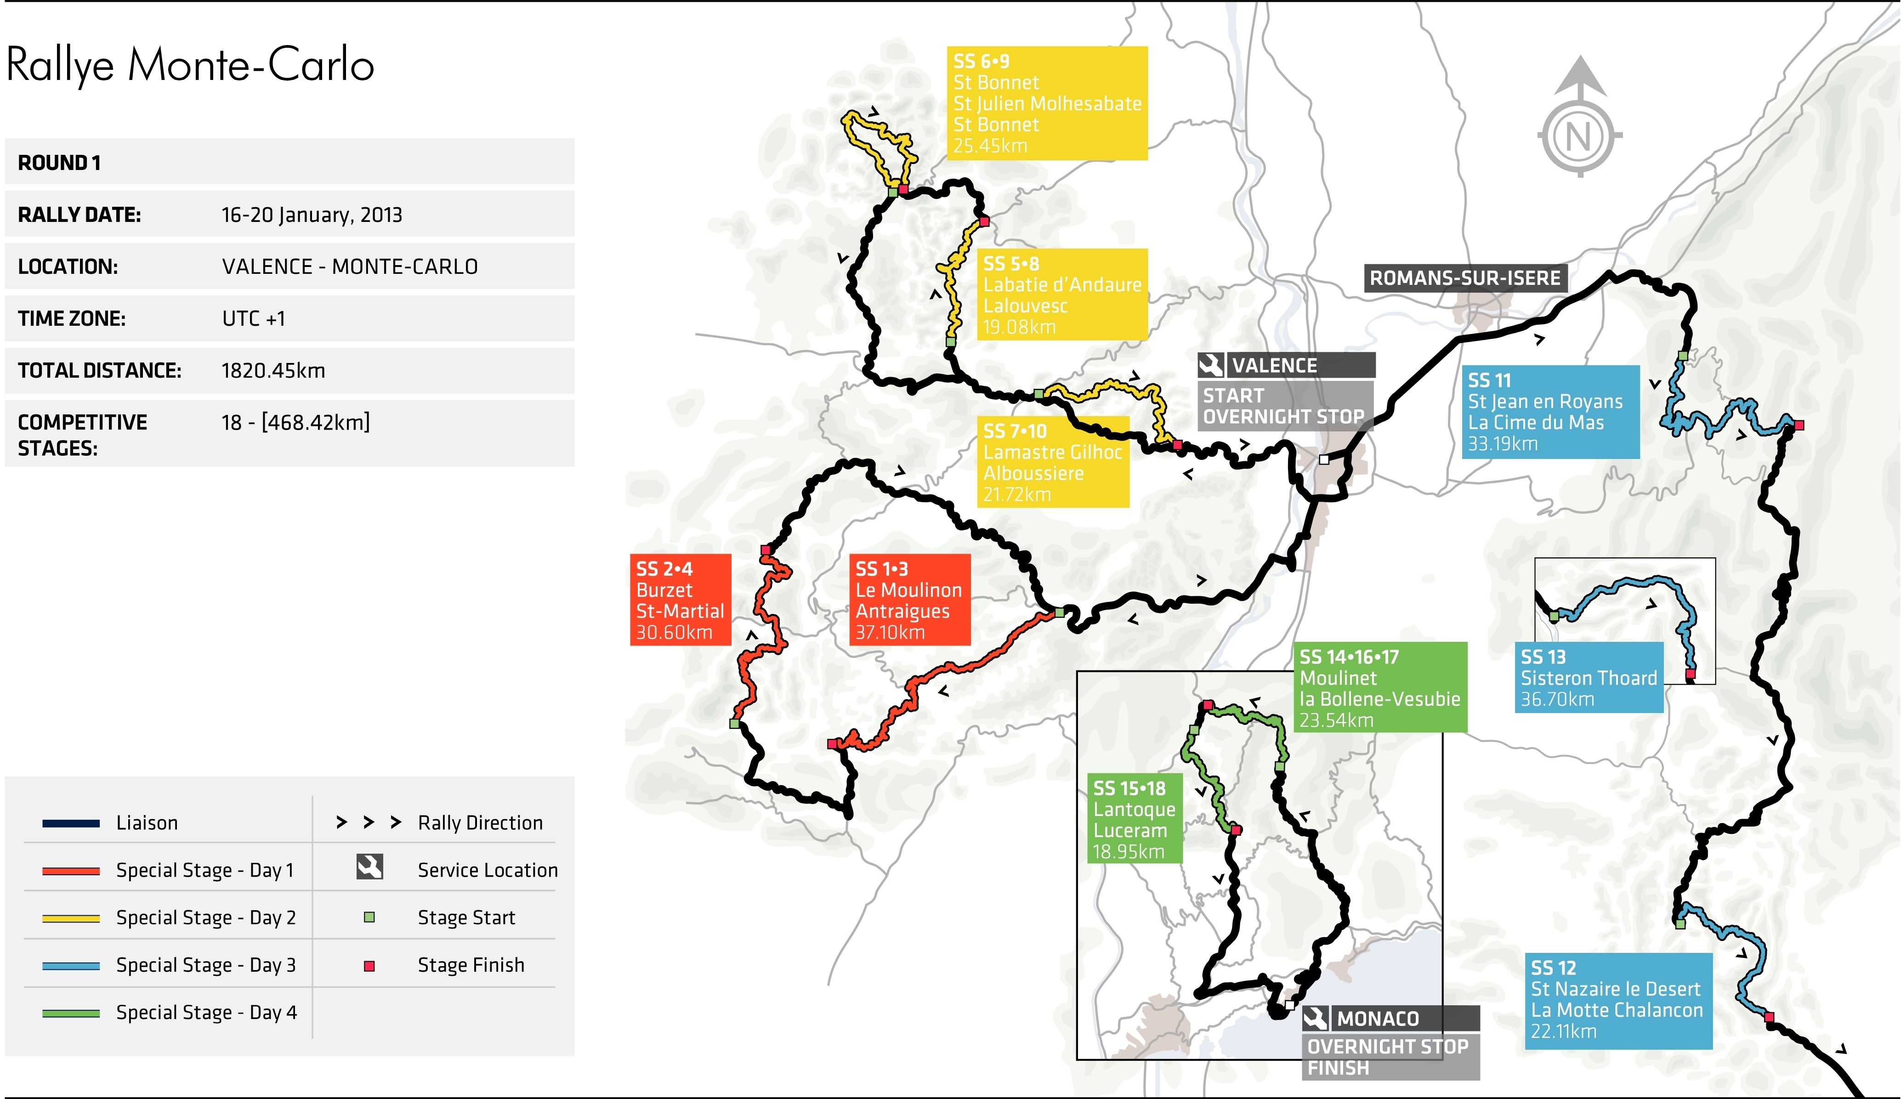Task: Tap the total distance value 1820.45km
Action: click(273, 370)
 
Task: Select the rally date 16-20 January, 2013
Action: click(312, 215)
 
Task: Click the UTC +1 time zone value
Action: click(254, 318)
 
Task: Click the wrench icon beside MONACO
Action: click(1315, 1018)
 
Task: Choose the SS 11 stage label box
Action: click(1550, 412)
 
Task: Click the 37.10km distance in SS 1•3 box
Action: click(890, 632)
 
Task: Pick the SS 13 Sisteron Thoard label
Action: click(1588, 677)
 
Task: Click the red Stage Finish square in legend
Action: click(369, 965)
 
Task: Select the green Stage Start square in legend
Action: click(369, 917)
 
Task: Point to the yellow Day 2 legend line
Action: click(71, 918)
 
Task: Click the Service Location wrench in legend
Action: click(369, 867)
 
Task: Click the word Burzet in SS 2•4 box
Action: click(664, 590)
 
